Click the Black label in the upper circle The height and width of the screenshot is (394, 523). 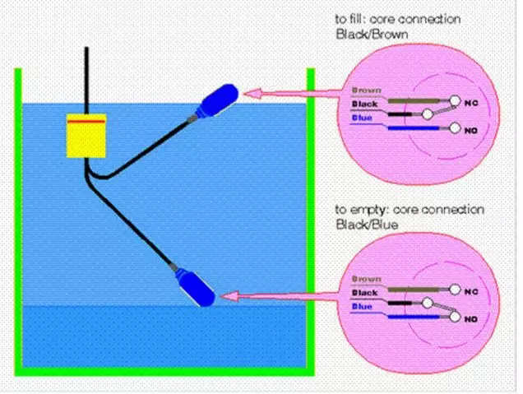364,104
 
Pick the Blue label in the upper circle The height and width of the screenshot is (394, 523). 362,118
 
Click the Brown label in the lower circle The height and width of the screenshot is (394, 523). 364,279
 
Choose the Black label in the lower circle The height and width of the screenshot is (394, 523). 365,292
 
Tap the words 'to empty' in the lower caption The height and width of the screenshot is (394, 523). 357,210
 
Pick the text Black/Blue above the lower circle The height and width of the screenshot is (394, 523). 368,224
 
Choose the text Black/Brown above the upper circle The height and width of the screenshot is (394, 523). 371,35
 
